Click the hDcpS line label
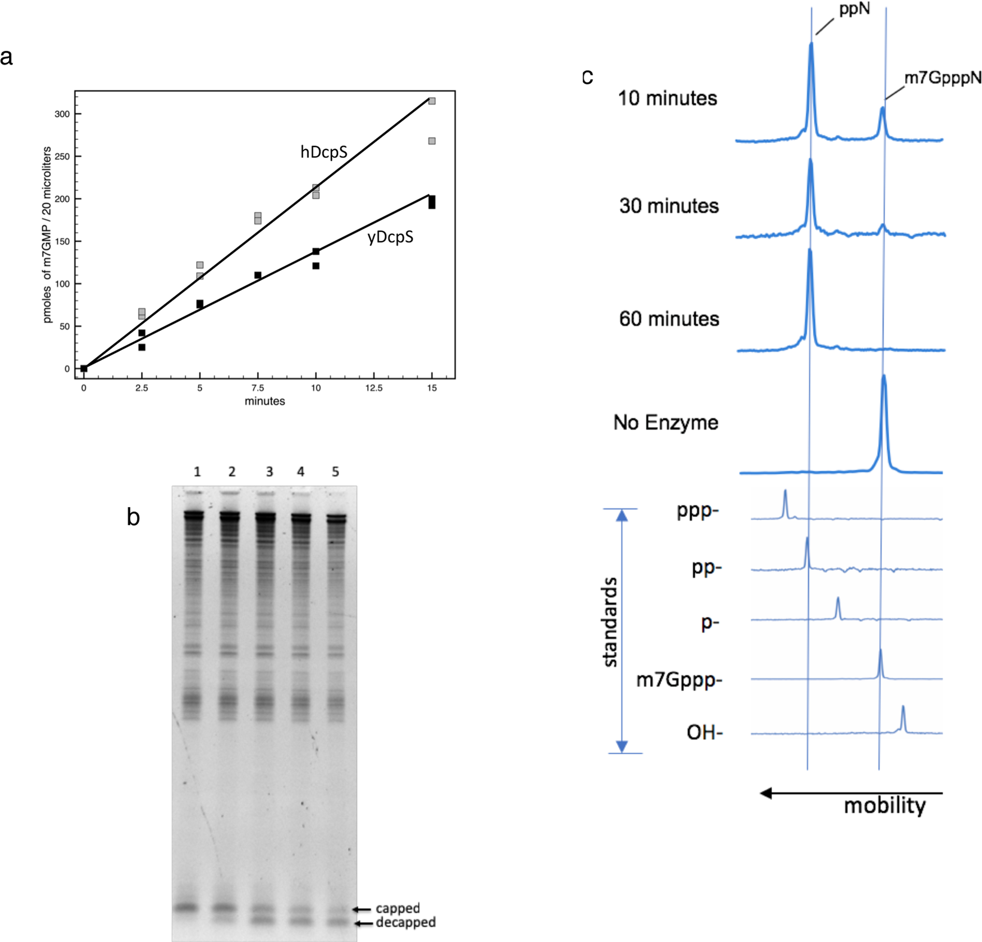click(x=324, y=152)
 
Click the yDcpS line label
click(x=390, y=237)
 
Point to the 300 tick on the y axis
click(x=62, y=114)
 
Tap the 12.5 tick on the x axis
click(x=374, y=388)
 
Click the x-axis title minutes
click(x=264, y=401)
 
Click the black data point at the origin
click(x=84, y=368)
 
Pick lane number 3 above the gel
click(x=269, y=472)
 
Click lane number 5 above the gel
click(x=336, y=472)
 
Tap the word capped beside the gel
click(x=398, y=909)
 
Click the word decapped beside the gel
click(x=405, y=923)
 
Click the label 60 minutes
click(x=669, y=319)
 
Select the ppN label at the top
click(x=855, y=9)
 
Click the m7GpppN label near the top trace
click(x=943, y=78)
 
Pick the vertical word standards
click(x=610, y=622)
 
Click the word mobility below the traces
click(x=885, y=806)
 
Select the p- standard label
click(x=710, y=623)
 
